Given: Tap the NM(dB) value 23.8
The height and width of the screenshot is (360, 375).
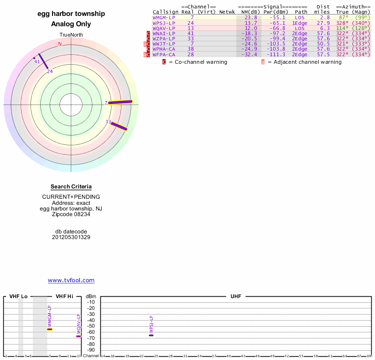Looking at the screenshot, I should coord(251,17).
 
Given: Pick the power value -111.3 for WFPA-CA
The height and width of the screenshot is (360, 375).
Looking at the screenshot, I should coord(275,55).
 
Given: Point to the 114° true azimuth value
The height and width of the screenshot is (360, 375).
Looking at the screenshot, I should coord(343,28).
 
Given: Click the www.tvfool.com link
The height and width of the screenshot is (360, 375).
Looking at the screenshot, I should coord(71,280).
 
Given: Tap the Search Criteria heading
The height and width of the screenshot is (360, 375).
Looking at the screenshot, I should coord(71,187).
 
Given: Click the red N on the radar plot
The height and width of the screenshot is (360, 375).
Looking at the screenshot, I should coord(60,44).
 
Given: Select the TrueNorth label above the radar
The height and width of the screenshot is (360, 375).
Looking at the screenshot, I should coord(71,35).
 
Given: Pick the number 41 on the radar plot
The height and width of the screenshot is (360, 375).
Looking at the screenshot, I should coord(37,61).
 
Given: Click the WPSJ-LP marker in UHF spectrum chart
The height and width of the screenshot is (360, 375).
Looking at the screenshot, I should coord(151,335).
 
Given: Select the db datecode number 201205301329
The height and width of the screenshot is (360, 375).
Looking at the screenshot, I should coord(71,237).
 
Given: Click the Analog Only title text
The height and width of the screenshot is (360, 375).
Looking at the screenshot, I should coord(71,24).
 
